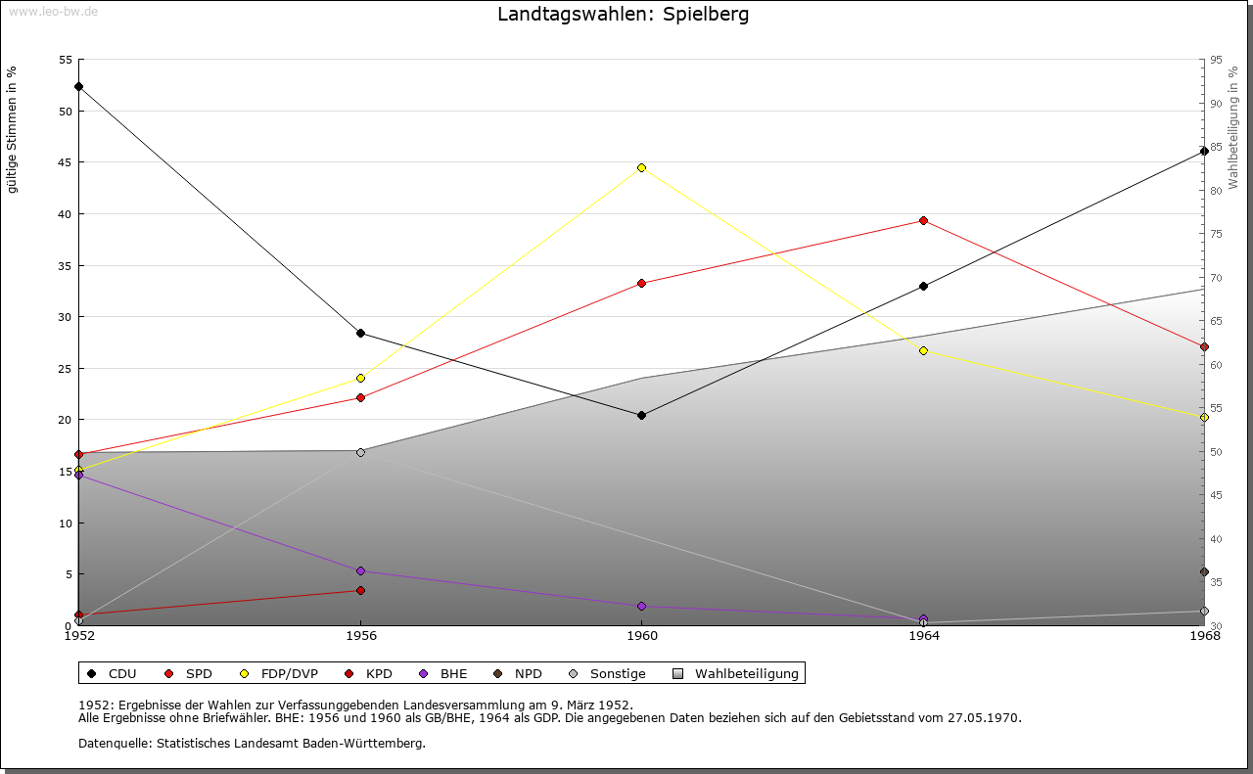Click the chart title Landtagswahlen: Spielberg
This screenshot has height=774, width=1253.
tap(624, 15)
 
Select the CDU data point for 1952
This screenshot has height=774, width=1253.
tap(78, 86)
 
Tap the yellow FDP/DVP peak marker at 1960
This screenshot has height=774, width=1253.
tap(641, 167)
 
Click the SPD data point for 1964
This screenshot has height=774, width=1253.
tap(923, 220)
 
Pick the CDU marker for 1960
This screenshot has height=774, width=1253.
tap(641, 415)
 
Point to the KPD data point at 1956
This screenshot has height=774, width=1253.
tap(360, 590)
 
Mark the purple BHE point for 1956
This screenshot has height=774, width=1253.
tap(360, 570)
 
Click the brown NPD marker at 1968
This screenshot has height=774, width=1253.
tap(1204, 571)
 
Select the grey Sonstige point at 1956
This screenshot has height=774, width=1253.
tap(360, 452)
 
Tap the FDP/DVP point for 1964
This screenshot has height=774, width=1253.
tap(923, 350)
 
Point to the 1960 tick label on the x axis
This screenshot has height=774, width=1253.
tap(641, 636)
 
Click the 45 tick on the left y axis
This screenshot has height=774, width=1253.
tap(66, 162)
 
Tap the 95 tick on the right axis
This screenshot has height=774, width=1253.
tap(1215, 60)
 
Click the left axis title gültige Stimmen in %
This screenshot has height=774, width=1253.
tap(13, 129)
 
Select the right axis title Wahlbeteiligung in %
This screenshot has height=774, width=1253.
tap(1233, 128)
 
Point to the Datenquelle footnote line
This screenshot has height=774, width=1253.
tap(252, 743)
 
